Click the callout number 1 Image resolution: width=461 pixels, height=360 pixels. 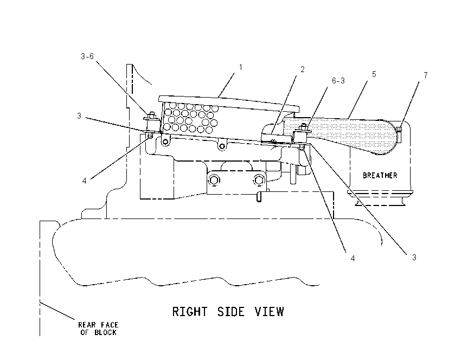[240, 67]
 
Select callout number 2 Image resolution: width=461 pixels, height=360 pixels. [302, 69]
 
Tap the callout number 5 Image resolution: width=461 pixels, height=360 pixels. [374, 74]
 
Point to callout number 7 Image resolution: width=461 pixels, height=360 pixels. [425, 75]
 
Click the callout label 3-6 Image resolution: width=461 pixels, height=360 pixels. [87, 56]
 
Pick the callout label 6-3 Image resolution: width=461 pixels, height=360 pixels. [338, 81]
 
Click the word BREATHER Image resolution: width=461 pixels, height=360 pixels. [380, 176]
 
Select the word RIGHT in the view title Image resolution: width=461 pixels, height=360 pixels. [190, 312]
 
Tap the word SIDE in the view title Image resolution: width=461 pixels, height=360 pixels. [231, 312]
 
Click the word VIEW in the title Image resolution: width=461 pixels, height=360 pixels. [270, 312]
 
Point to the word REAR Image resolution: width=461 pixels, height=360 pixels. [87, 325]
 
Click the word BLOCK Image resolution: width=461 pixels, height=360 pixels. [105, 332]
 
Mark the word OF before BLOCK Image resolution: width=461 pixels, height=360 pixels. [85, 332]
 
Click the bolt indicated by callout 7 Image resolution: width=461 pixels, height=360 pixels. [399, 130]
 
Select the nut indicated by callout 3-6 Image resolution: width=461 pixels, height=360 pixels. [151, 114]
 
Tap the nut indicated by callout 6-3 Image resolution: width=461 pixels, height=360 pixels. [303, 127]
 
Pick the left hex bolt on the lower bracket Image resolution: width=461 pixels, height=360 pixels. [214, 179]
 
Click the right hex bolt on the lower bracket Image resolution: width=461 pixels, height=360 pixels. [258, 179]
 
